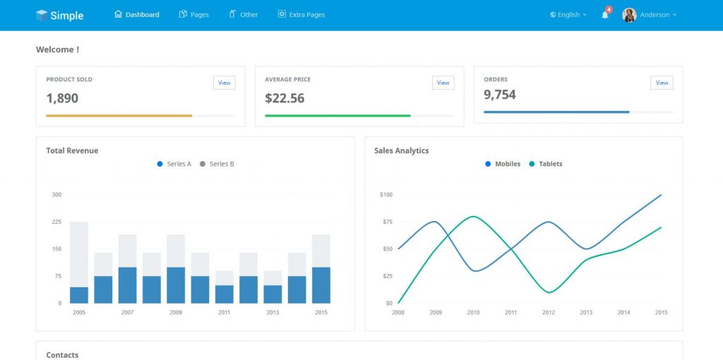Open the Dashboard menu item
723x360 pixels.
click(x=137, y=15)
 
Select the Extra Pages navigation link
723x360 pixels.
click(x=301, y=15)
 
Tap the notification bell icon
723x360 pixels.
click(x=605, y=15)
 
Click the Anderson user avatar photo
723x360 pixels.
click(x=629, y=15)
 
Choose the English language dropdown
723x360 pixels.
click(x=568, y=15)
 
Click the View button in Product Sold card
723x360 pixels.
click(x=224, y=83)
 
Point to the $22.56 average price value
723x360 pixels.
click(x=285, y=98)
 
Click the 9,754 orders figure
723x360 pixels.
click(x=500, y=95)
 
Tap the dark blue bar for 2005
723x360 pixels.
click(x=79, y=295)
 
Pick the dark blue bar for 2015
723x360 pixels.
click(x=321, y=285)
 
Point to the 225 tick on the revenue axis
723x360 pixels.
click(x=56, y=222)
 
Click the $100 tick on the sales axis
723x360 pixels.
click(x=386, y=194)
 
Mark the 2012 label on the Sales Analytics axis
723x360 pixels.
click(x=549, y=312)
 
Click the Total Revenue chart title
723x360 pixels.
click(x=72, y=150)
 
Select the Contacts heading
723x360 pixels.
click(x=62, y=354)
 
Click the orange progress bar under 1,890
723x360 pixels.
click(x=119, y=115)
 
